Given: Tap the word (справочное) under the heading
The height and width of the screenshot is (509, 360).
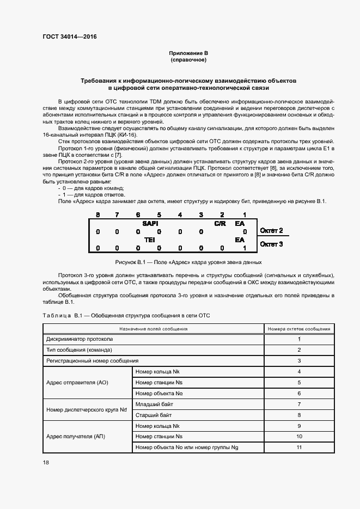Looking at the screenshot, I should [x=188, y=60].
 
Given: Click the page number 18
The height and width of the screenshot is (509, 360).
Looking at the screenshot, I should [x=46, y=462].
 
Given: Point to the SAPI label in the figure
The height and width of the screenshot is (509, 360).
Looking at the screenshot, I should [x=150, y=224].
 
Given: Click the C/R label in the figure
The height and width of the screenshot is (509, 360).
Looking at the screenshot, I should [x=219, y=224].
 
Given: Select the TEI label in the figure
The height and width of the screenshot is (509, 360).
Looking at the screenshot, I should [x=149, y=240].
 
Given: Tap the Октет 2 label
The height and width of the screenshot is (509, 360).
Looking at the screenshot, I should [x=272, y=231].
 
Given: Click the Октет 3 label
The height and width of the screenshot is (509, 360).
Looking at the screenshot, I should [x=272, y=244].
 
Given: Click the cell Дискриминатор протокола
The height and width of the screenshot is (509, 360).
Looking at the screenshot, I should [x=80, y=339].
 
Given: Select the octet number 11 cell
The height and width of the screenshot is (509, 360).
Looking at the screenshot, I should [x=299, y=447].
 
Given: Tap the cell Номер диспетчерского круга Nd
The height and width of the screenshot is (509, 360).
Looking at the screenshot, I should [x=87, y=409].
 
